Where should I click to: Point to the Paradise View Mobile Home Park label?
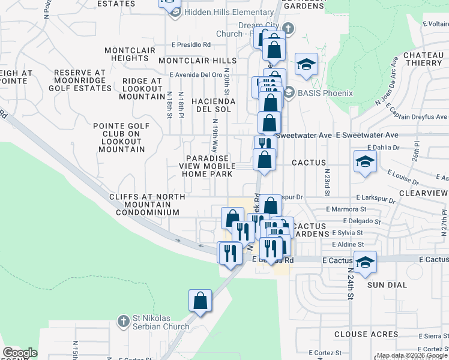pyautogui.click(x=208, y=166)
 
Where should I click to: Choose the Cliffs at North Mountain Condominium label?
pyautogui.click(x=147, y=205)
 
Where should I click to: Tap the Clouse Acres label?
pyautogui.click(x=366, y=334)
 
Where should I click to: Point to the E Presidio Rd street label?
pyautogui.click(x=191, y=44)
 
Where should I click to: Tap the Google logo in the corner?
pyautogui.click(x=20, y=353)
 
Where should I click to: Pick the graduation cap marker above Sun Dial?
pyautogui.click(x=365, y=262)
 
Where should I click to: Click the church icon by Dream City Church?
pyautogui.click(x=288, y=28)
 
